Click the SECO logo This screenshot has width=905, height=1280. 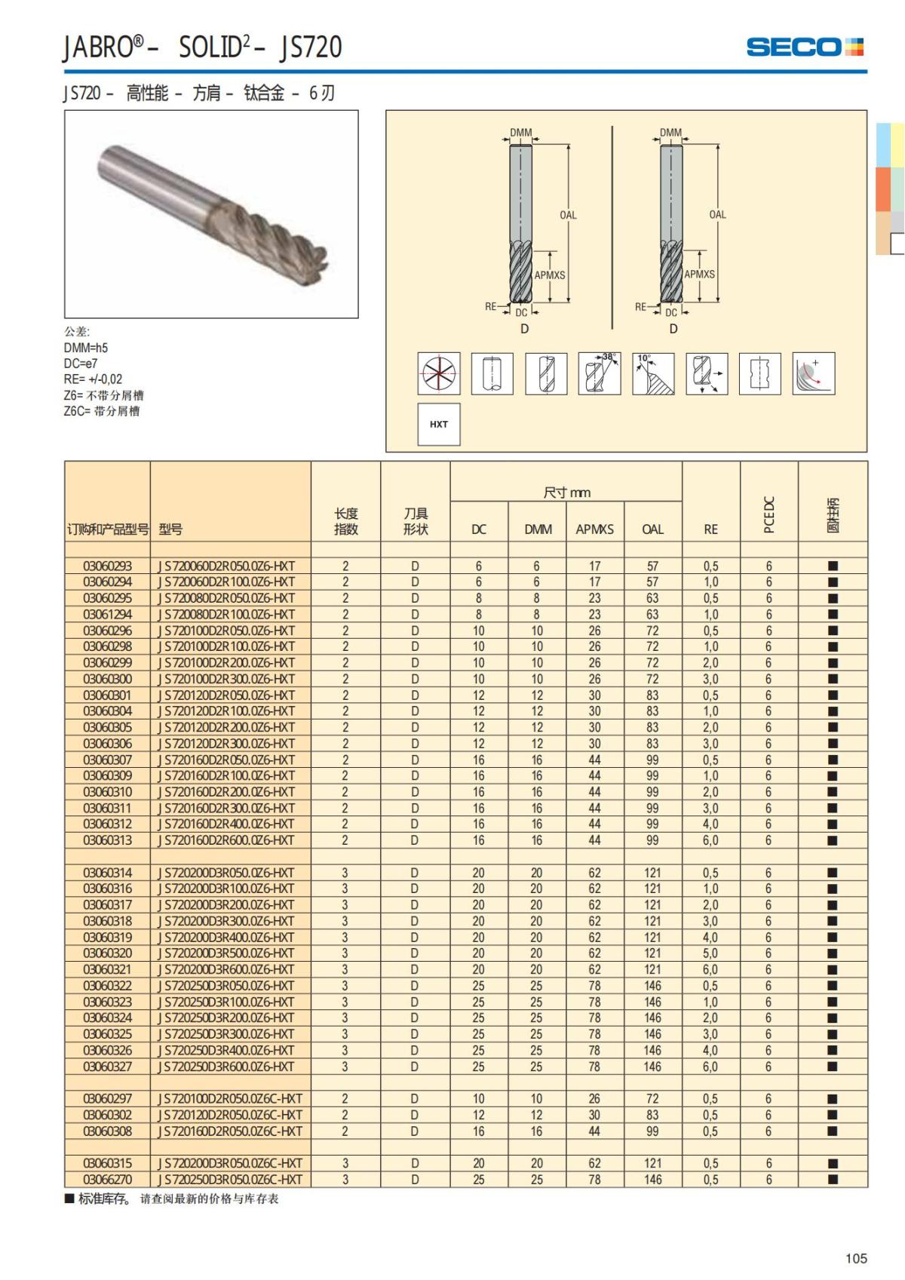point(804,47)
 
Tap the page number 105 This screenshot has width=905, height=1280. point(856,1258)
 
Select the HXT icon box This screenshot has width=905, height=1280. point(439,424)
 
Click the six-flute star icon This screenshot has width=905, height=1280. point(439,373)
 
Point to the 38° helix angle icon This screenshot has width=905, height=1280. point(600,373)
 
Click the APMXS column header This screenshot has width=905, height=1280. point(594,529)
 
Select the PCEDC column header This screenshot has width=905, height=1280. point(769,514)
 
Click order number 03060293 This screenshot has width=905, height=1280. point(107,566)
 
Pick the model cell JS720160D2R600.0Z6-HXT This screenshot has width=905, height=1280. point(226,840)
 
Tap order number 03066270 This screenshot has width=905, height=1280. point(107,1180)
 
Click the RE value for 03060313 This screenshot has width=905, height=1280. point(710,840)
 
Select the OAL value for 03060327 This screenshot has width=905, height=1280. point(652,1067)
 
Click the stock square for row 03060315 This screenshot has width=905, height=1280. point(833,1164)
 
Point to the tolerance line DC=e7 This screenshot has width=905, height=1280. point(81,364)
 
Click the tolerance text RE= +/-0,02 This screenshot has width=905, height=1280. point(93,379)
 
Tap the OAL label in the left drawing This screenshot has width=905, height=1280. point(568,215)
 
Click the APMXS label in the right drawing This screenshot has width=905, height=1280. point(699,275)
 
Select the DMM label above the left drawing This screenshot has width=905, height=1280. point(520,133)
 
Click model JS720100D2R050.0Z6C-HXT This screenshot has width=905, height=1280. point(230,1099)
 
